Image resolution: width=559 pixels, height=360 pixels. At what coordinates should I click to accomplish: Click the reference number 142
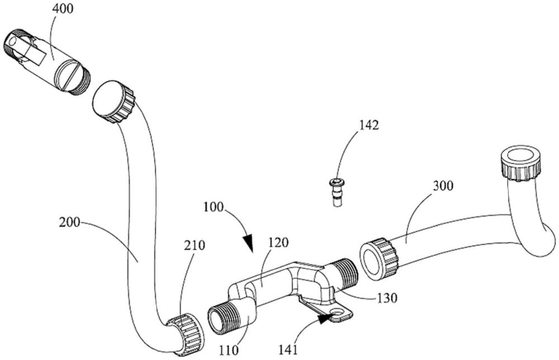pos(369,125)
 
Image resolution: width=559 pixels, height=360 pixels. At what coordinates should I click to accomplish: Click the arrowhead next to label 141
pos(325,319)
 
